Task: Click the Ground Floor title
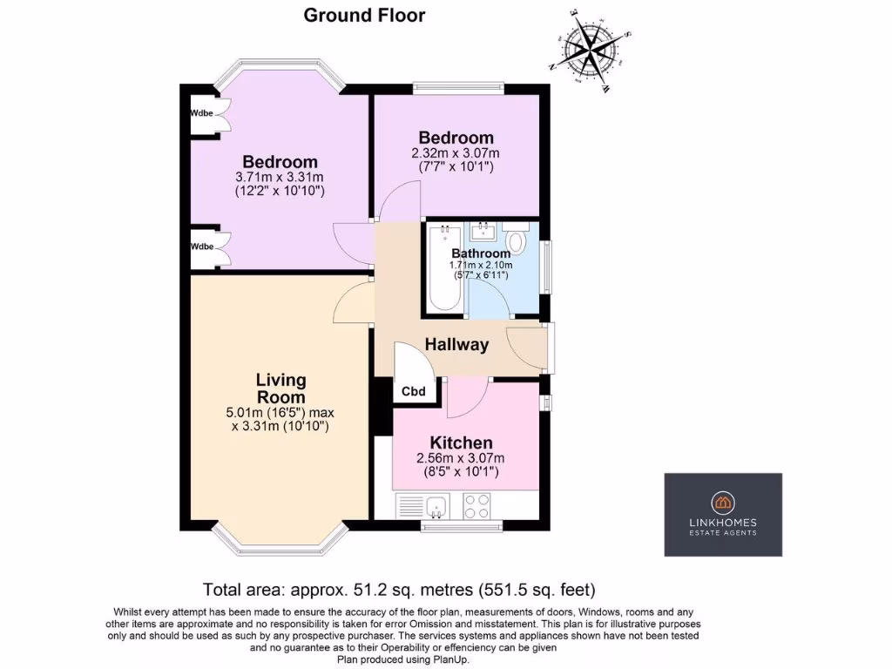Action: pyautogui.click(x=364, y=15)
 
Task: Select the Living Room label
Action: pyautogui.click(x=280, y=389)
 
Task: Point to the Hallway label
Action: pyautogui.click(x=456, y=344)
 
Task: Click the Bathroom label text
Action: pyautogui.click(x=480, y=253)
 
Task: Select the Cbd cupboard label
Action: pyautogui.click(x=413, y=392)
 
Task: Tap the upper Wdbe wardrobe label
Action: pyautogui.click(x=202, y=113)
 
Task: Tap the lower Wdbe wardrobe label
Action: pyautogui.click(x=202, y=247)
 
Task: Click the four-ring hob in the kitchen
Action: pyautogui.click(x=476, y=506)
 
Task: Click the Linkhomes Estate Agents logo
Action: pyautogui.click(x=723, y=514)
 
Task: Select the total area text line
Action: pyautogui.click(x=399, y=588)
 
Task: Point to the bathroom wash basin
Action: pyautogui.click(x=482, y=232)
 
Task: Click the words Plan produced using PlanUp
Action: pyautogui.click(x=403, y=659)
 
